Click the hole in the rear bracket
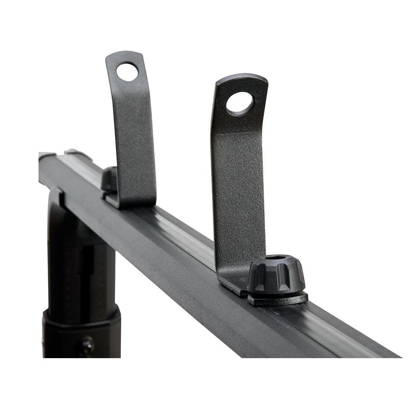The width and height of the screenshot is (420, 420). (x=127, y=72)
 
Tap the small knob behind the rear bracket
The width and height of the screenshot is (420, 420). (x=109, y=179)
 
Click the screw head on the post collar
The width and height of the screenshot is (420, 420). (x=86, y=345)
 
